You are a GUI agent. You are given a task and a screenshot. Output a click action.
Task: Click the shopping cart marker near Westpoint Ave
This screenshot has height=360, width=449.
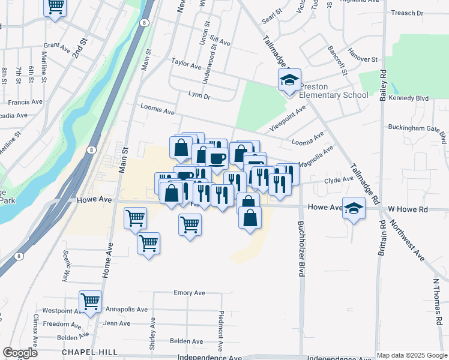90,301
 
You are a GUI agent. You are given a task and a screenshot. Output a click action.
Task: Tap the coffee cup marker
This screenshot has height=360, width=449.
216,158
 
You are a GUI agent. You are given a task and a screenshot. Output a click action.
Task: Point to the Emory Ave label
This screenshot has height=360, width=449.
189,293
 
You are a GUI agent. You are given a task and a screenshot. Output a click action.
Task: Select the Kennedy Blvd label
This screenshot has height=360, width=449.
408,98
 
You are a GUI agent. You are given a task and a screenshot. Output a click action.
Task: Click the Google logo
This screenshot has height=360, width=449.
20,352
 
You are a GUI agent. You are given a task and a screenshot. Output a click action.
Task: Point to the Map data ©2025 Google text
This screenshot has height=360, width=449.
411,355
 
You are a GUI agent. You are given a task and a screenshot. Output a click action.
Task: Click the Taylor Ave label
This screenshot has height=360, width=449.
186,62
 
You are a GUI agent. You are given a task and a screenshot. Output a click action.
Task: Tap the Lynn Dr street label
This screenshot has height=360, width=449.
199,95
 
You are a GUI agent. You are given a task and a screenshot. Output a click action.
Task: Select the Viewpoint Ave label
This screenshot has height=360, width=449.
288,118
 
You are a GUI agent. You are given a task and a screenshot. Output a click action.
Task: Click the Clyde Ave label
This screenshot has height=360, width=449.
339,180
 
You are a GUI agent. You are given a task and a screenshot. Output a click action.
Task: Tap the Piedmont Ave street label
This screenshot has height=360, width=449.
221,330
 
